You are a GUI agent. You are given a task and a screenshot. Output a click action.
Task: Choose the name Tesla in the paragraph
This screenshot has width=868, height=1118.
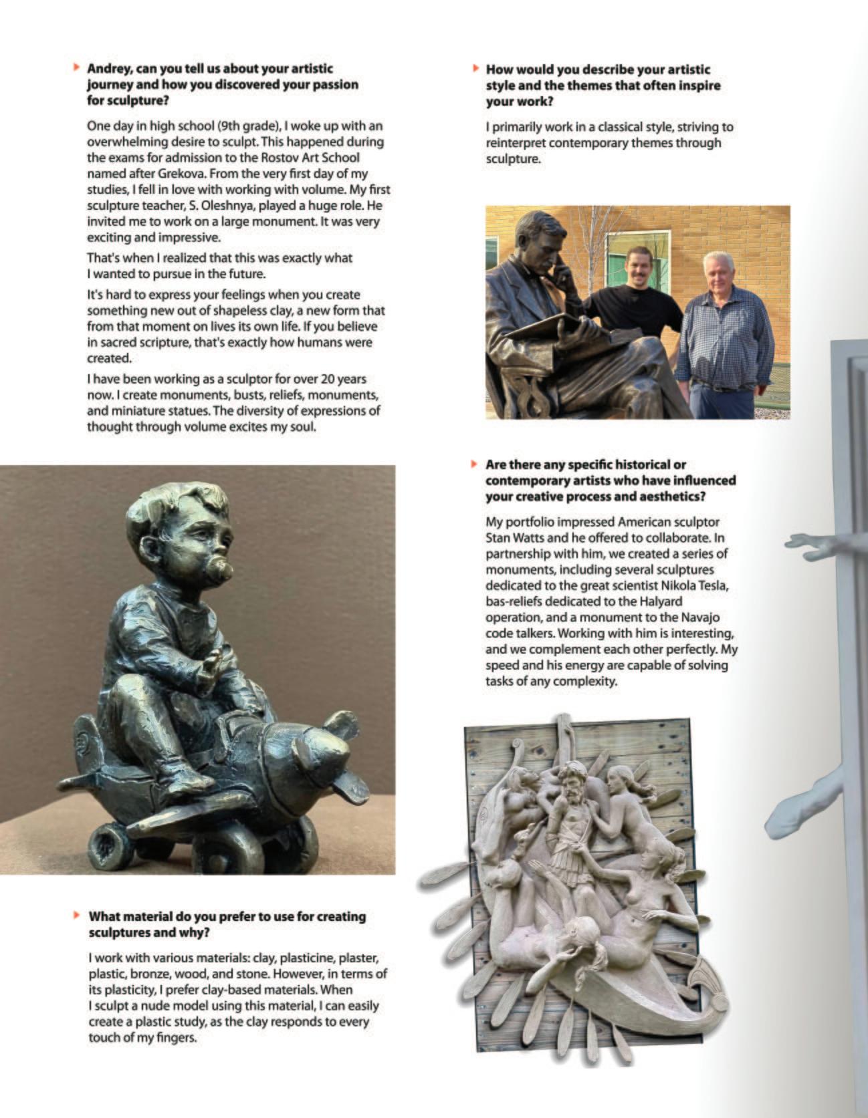coord(718,586)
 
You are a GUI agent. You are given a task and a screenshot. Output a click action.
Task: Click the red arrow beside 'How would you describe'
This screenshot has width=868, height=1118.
coord(475,69)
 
